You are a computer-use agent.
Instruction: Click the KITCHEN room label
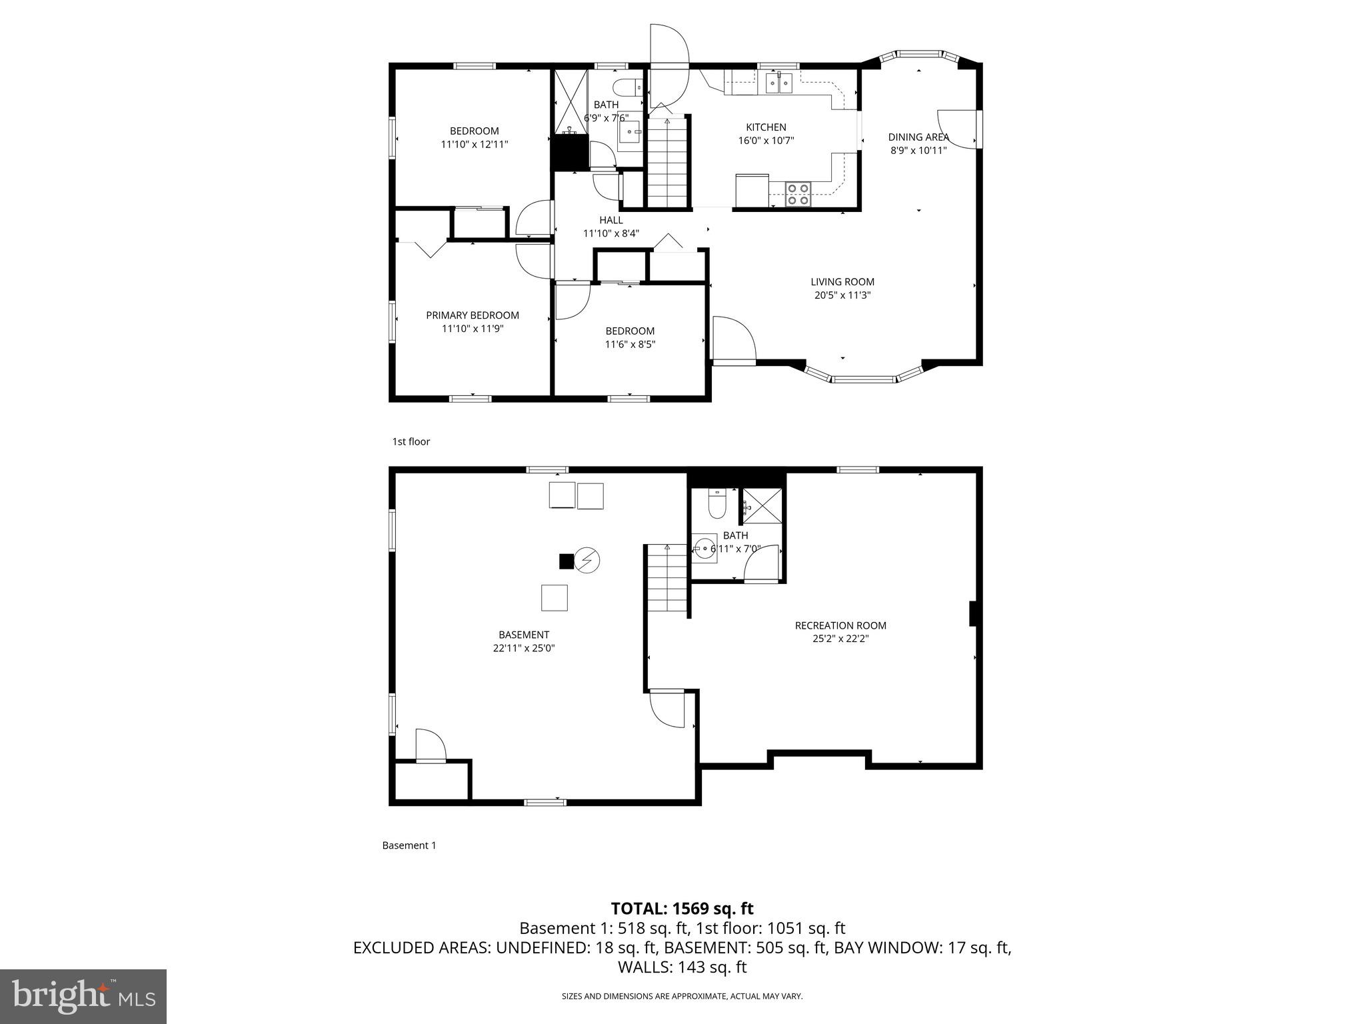(x=766, y=127)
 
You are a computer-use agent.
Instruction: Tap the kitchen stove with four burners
(x=798, y=194)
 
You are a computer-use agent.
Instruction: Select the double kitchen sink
(x=778, y=83)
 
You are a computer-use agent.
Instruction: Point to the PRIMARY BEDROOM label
(x=473, y=315)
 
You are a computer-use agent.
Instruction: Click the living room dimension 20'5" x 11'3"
(x=842, y=295)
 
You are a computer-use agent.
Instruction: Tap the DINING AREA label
(x=918, y=137)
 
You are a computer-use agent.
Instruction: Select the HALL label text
(x=611, y=220)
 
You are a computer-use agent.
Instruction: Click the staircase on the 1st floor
(x=667, y=163)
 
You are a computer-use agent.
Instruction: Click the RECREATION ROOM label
(x=840, y=625)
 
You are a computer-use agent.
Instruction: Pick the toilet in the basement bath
(x=716, y=505)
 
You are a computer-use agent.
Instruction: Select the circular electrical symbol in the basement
(x=587, y=561)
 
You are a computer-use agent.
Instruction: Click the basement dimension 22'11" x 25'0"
(x=523, y=648)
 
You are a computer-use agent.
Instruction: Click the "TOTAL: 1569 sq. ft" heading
(x=682, y=909)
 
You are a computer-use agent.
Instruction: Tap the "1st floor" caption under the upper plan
(x=411, y=441)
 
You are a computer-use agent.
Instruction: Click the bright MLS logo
(x=83, y=996)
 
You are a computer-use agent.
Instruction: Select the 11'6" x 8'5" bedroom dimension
(x=630, y=345)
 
